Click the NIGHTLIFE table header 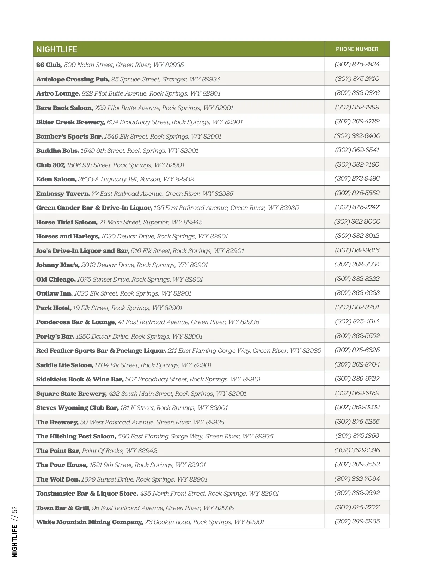pos(57,49)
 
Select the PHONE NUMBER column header pos(357,49)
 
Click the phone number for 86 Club pos(357,64)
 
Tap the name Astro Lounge pos(58,93)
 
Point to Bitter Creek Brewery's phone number pos(357,121)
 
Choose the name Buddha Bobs pos(57,151)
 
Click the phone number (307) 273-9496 pos(357,178)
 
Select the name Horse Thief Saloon pos(67,222)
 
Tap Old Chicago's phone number pos(357,279)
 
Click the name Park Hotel pos(54,308)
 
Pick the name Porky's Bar pos(55,337)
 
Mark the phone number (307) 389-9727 pos(357,379)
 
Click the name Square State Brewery pos(71,394)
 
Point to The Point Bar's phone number pos(357,450)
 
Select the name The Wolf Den pos(58,479)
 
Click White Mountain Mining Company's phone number pos(357,521)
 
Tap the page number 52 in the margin pos(14,511)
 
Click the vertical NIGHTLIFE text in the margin pos(14,541)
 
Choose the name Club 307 pos(50,165)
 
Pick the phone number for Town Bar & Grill pos(357,507)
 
